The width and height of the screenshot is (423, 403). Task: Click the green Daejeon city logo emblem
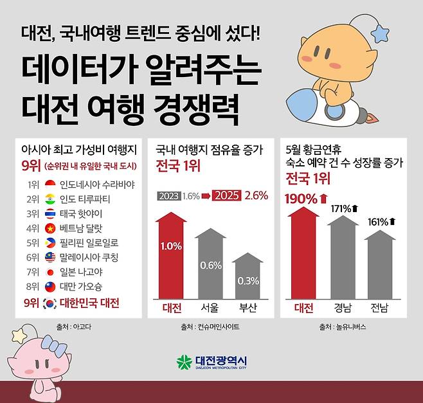[184, 362]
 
